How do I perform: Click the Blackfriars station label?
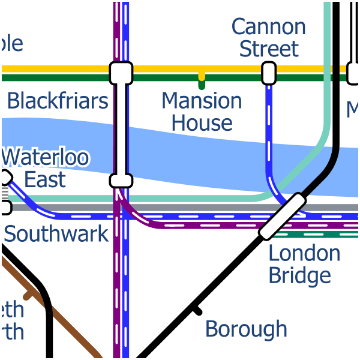click(x=58, y=101)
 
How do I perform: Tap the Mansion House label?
click(x=202, y=112)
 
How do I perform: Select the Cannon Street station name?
click(x=269, y=37)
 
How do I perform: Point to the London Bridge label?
click(x=304, y=264)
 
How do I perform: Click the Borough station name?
click(x=246, y=329)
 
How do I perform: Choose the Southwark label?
click(x=56, y=233)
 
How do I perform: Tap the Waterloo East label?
click(x=46, y=169)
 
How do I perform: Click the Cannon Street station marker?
click(x=269, y=73)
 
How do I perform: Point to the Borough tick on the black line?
click(x=196, y=310)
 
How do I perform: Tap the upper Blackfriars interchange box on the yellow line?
click(x=121, y=73)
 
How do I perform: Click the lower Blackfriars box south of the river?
click(x=121, y=181)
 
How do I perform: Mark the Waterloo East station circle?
click(x=5, y=176)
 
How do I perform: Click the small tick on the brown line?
click(x=28, y=295)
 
